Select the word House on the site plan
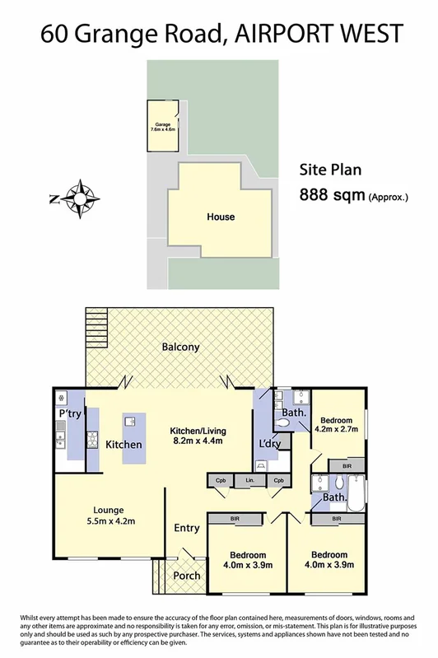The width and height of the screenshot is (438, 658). click(220, 217)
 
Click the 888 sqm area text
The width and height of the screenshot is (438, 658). click(333, 196)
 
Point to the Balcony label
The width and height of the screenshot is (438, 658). click(179, 348)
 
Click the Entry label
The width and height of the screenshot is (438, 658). click(186, 528)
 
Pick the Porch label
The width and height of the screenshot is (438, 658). click(186, 576)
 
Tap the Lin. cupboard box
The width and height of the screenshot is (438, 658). click(249, 480)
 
